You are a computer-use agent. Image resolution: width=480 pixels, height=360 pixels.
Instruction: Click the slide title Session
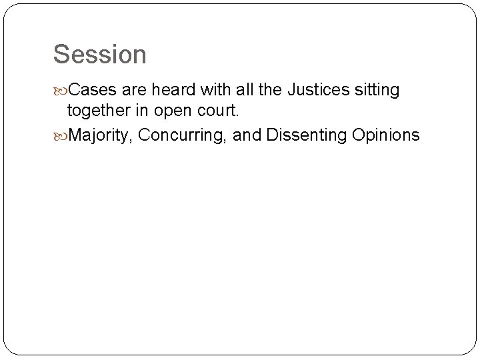point(100,54)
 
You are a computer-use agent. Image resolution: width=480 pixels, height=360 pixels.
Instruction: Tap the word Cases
point(93,90)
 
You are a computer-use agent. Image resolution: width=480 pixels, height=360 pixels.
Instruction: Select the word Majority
point(101,135)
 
